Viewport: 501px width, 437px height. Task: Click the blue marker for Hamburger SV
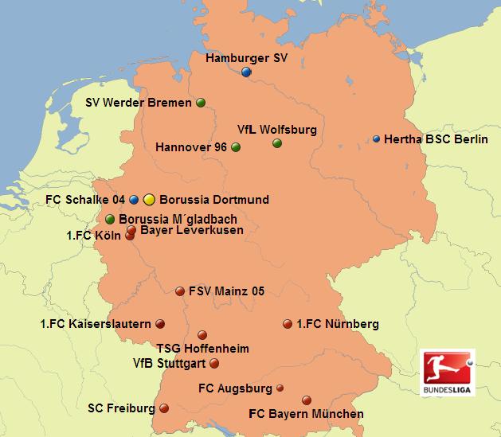tap(246, 72)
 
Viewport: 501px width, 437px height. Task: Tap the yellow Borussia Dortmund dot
tap(149, 199)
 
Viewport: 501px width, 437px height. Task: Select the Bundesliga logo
tap(446, 372)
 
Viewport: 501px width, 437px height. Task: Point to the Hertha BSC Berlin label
tap(434, 139)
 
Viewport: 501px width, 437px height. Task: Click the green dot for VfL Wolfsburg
tap(277, 143)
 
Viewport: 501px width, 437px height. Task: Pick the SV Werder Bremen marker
tap(201, 103)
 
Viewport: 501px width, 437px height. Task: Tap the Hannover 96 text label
tap(191, 147)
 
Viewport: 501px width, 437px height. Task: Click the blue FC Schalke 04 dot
tap(135, 199)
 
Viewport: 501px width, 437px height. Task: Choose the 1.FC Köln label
tap(93, 236)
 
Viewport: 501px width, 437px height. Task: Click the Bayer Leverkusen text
tap(191, 231)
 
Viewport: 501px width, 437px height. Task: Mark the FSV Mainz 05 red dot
tap(180, 291)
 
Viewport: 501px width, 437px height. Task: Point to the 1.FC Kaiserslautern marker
tap(160, 324)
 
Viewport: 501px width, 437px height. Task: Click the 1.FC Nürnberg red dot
tap(288, 324)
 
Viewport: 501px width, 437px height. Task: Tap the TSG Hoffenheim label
tap(202, 349)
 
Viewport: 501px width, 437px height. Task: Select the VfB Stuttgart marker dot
tap(213, 364)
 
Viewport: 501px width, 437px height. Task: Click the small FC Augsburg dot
tap(280, 388)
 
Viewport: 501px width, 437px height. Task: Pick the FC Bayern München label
tap(306, 414)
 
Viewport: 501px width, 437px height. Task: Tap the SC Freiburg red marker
tap(164, 408)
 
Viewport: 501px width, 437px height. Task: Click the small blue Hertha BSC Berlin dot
tap(377, 139)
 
